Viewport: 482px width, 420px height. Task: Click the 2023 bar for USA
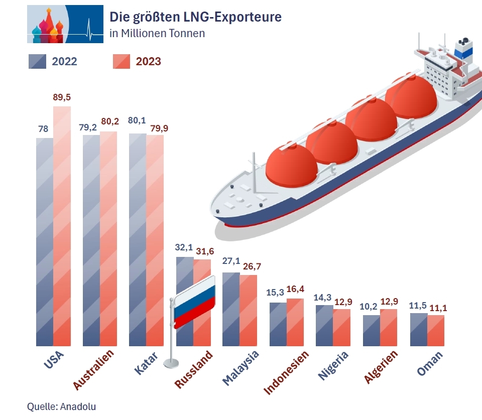click(62, 226)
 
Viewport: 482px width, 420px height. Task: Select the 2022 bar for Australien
click(91, 241)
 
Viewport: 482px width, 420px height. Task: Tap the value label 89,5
click(62, 97)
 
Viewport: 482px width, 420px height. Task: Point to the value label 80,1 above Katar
click(137, 120)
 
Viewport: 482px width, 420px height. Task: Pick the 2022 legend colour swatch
click(37, 61)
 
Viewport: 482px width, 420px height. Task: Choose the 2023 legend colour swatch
click(122, 61)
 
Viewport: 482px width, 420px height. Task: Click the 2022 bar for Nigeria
click(324, 326)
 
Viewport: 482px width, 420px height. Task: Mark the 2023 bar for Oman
click(436, 331)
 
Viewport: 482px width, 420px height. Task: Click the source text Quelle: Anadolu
click(61, 406)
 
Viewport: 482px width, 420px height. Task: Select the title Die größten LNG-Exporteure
click(195, 17)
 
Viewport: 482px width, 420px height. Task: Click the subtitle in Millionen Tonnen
click(157, 34)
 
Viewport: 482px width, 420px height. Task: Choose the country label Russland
click(194, 369)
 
